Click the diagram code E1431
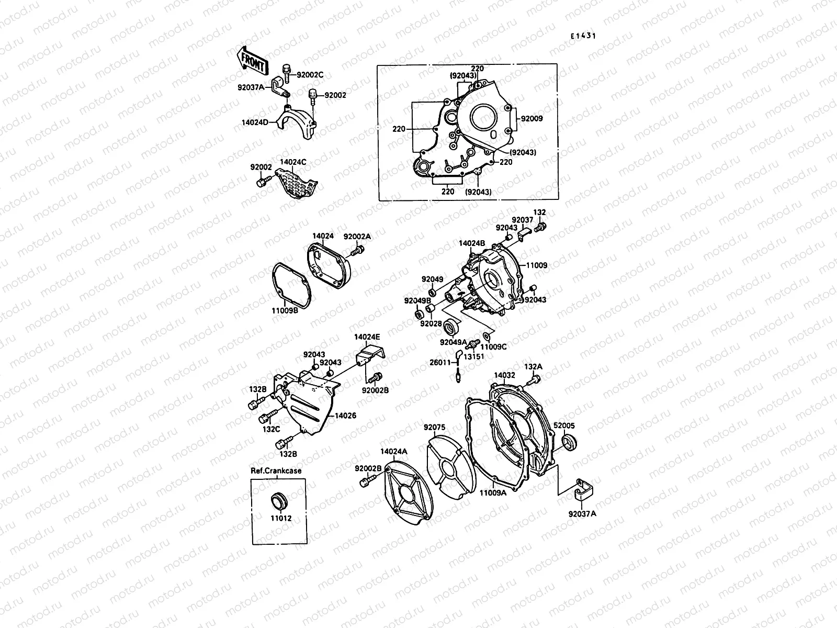[583, 36]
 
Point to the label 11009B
[284, 310]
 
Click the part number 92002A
[357, 237]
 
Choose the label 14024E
[367, 337]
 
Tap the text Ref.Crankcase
[276, 470]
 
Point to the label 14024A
[393, 451]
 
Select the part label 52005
[564, 425]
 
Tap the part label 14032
[504, 375]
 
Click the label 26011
[440, 362]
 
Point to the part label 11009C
[494, 346]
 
